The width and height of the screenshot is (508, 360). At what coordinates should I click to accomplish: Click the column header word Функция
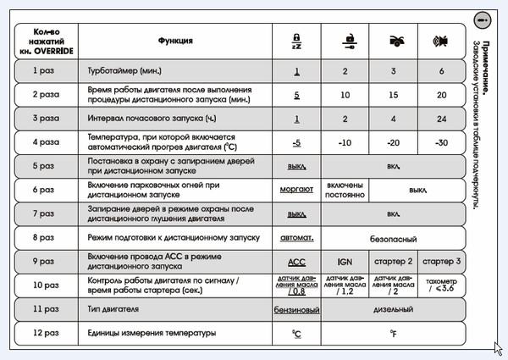(x=175, y=40)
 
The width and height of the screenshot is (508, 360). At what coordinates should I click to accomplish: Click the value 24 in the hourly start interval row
(x=441, y=119)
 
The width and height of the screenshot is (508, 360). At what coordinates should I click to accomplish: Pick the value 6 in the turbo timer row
(x=441, y=70)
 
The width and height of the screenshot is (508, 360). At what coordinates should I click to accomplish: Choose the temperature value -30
(x=441, y=142)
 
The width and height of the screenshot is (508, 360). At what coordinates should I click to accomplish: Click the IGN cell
(x=345, y=262)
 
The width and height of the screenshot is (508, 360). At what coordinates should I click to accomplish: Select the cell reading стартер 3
(x=441, y=262)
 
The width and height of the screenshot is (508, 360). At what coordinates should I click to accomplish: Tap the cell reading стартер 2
(x=394, y=262)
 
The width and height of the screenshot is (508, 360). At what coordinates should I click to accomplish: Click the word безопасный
(x=393, y=238)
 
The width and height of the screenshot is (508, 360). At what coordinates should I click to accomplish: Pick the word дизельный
(x=393, y=310)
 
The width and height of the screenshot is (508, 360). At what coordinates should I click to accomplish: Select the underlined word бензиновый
(x=296, y=310)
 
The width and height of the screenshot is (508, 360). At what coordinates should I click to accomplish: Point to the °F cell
(x=393, y=334)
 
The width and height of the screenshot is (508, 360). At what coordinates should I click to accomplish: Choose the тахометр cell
(x=441, y=285)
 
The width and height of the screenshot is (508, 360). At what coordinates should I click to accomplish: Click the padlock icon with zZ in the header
(x=296, y=40)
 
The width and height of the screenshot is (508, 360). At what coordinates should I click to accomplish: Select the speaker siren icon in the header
(x=441, y=40)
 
